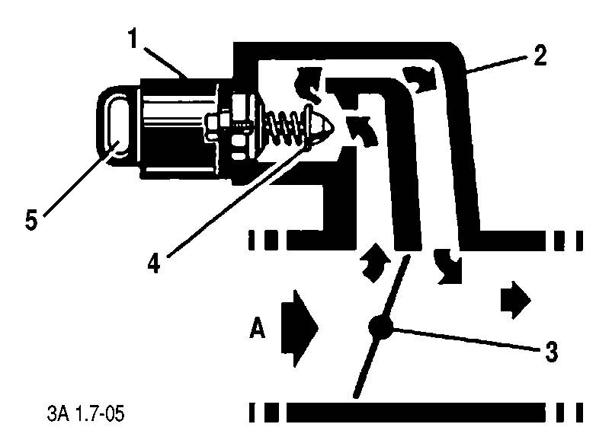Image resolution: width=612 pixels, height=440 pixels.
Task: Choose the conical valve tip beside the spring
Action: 321,124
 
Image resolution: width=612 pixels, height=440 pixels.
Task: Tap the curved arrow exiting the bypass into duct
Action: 447,265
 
